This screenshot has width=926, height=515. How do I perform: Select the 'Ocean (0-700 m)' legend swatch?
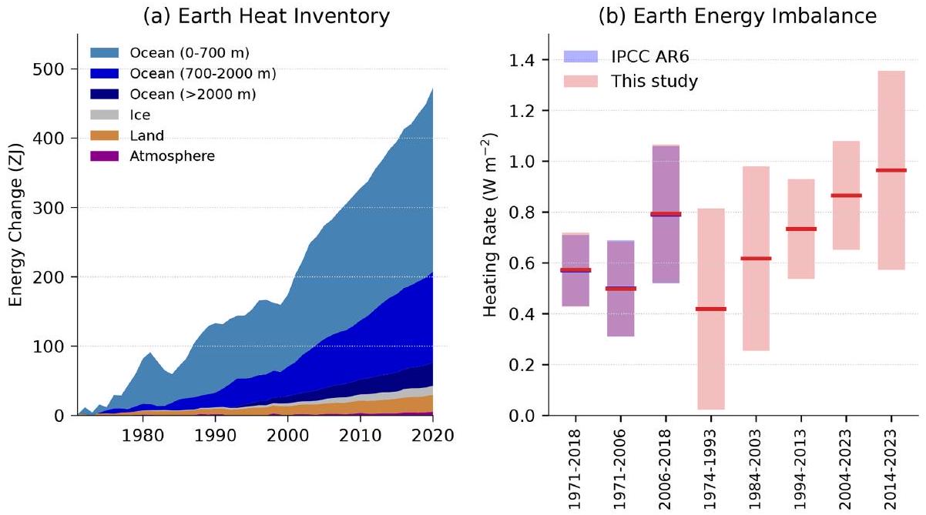pyautogui.click(x=104, y=52)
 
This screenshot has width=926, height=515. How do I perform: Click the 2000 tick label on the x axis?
pyautogui.click(x=287, y=436)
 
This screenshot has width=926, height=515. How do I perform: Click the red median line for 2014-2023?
pyautogui.click(x=891, y=170)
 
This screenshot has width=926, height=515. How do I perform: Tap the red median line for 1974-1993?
pyautogui.click(x=711, y=309)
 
